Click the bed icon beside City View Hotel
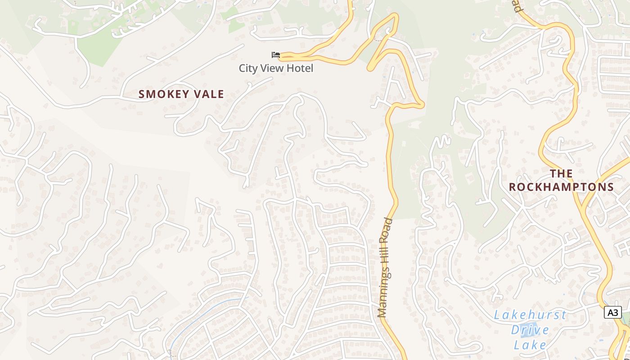(276, 55)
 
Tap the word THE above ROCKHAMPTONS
(561, 174)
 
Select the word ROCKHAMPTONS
(561, 187)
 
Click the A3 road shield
(612, 312)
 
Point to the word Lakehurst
(530, 315)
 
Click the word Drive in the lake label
(530, 330)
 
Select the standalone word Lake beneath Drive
(530, 345)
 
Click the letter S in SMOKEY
(142, 94)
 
